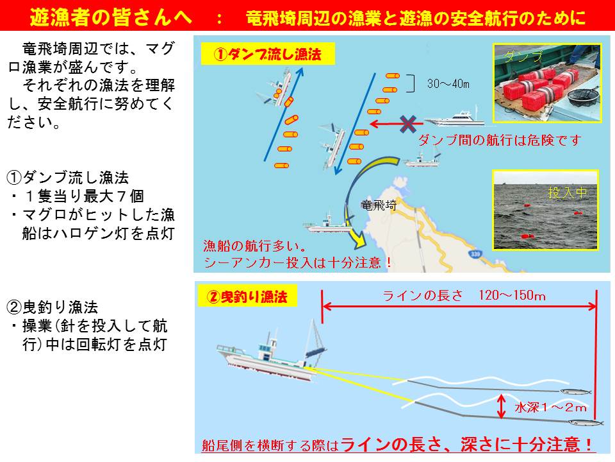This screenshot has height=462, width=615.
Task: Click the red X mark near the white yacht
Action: pos(408,124)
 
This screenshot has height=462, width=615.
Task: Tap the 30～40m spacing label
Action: pos(448,83)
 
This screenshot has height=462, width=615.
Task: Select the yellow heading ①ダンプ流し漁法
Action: pos(268,54)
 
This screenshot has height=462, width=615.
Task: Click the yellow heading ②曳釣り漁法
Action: pos(247,296)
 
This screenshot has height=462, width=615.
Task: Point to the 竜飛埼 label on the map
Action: pos(379,205)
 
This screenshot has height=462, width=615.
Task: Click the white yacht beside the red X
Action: pos(454,118)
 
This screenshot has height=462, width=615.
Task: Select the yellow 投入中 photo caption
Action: pos(567,193)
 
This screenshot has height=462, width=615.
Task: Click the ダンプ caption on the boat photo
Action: pos(523,56)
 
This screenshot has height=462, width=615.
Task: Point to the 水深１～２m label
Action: pos(550,407)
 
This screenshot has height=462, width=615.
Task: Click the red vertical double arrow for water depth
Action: pos(501,406)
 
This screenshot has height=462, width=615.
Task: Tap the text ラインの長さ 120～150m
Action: pos(464,295)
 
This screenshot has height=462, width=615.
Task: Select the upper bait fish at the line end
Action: pos(575,391)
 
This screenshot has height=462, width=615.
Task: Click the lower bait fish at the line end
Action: pos(586,423)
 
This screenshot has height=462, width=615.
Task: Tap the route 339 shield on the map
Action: pos(475,254)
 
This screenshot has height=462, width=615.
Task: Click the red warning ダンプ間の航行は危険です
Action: pos(499,141)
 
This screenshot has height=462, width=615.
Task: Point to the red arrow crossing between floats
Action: pos(396,124)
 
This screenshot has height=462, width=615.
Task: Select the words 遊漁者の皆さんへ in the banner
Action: pos(111,17)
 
